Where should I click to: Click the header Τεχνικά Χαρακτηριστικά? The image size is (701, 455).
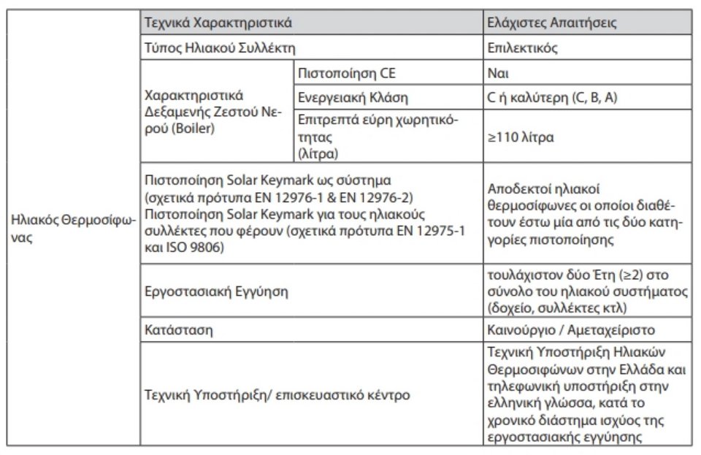coord(218,23)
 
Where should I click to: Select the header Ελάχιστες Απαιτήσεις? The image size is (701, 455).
coord(553,23)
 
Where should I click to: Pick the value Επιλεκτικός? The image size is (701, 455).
coord(522,48)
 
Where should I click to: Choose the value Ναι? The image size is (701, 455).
coord(498,73)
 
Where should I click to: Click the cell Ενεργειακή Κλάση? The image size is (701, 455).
coord(353,97)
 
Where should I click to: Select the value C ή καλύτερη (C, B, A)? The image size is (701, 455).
coord(552,97)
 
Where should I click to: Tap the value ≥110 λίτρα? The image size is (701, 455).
coord(521,137)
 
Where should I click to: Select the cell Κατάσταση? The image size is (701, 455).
coord(180,329)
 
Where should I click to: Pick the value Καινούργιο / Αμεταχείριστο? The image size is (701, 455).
coord(571,329)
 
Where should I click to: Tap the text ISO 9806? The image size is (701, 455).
coord(199,249)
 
